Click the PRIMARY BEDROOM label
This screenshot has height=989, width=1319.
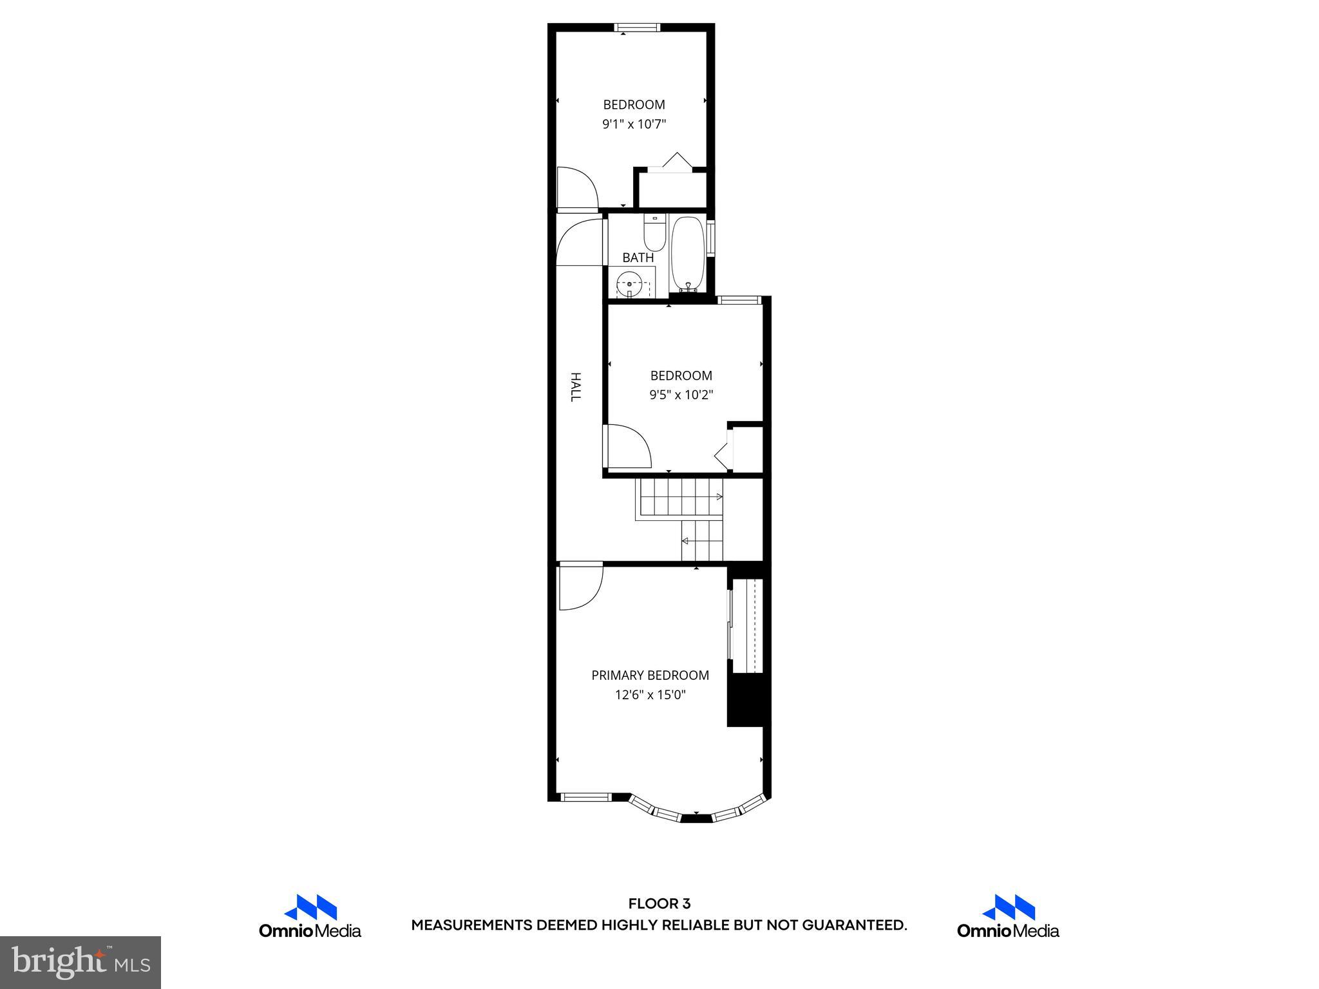650,675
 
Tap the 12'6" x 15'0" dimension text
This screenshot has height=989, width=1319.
650,695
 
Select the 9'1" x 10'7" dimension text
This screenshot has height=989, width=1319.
634,124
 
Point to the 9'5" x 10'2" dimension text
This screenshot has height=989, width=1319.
681,395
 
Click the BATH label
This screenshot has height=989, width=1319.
638,258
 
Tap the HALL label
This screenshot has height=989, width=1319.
576,387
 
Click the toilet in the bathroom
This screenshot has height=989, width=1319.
654,234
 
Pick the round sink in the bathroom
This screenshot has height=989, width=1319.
629,283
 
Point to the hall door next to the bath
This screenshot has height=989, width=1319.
580,241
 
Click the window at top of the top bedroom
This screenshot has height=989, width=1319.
637,27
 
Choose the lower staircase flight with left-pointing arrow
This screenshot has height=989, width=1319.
702,540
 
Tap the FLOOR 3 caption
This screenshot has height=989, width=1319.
659,903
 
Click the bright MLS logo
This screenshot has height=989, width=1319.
80,962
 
